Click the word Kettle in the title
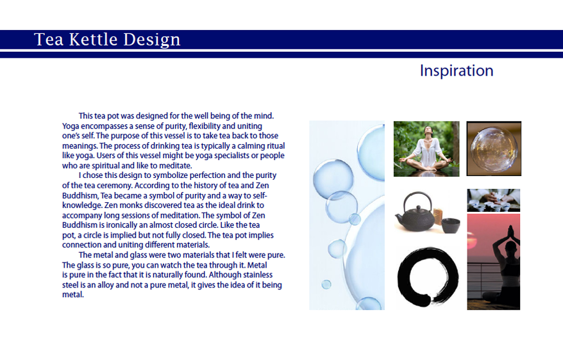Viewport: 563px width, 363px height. coord(92,39)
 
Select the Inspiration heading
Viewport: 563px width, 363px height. coord(457,70)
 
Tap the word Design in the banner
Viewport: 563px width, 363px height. coord(151,40)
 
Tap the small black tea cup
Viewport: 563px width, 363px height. coord(450,225)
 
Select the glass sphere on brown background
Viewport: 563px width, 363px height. coord(494,149)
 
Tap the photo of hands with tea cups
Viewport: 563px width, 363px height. coord(493,200)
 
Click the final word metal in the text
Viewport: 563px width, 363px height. coord(73,294)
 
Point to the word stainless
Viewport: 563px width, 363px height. coord(257,275)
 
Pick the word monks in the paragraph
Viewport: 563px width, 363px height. coord(121,206)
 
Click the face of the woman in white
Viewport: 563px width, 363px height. coord(428,131)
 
